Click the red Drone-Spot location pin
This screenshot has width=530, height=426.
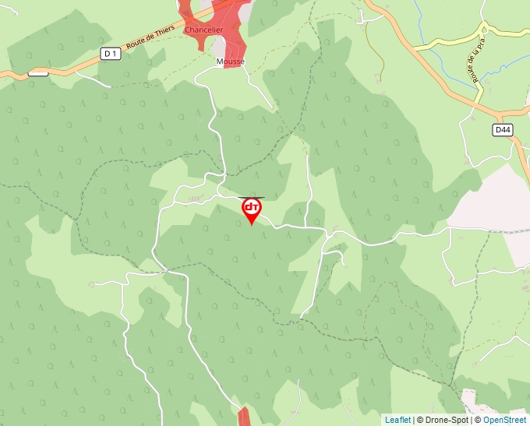tap(251, 209)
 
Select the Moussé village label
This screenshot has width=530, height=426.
tap(230, 60)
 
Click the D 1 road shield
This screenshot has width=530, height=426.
tap(110, 53)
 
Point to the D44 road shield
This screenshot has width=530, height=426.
tap(503, 130)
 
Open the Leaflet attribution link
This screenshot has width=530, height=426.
tap(397, 420)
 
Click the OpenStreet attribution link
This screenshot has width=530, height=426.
tap(504, 420)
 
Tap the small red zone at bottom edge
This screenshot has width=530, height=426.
tap(244, 416)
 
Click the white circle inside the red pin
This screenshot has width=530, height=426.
tap(251, 206)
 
